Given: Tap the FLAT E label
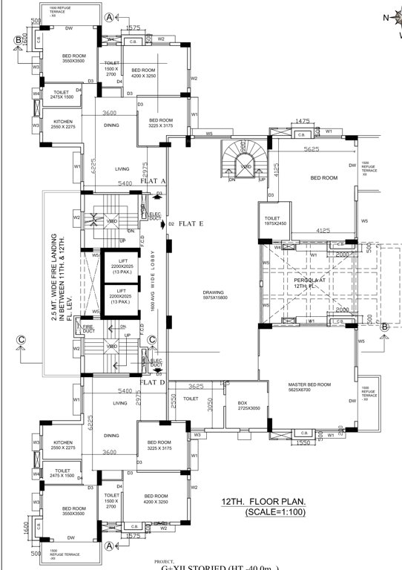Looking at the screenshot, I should pos(191,223).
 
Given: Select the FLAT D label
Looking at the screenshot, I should pos(152,382).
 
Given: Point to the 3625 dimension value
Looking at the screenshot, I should pos(196,387).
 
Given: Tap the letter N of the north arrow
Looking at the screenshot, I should pos(386,16).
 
